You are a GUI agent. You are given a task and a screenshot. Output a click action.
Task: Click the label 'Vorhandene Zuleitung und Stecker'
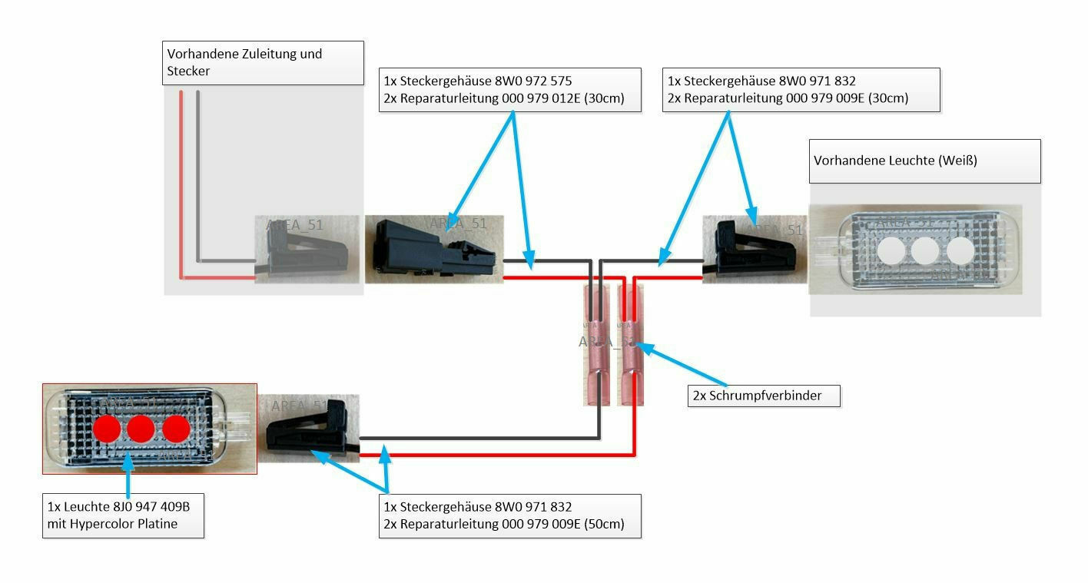click(244, 62)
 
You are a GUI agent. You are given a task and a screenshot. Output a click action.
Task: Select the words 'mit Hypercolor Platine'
click(112, 524)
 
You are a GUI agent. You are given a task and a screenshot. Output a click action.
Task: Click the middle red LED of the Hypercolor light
click(141, 429)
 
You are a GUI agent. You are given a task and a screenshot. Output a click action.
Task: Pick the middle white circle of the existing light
click(924, 250)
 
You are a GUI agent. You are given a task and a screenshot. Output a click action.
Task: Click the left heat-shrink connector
click(598, 344)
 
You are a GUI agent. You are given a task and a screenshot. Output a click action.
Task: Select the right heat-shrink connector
click(631, 344)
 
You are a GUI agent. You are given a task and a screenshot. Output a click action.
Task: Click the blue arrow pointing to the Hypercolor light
click(127, 476)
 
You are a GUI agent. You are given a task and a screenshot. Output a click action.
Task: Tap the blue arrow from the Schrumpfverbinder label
click(684, 366)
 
